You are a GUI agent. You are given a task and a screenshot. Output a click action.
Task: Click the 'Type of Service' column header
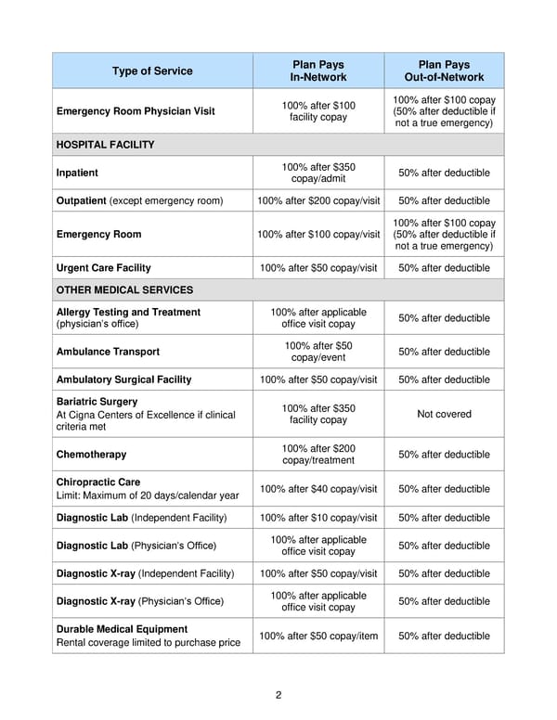(152, 71)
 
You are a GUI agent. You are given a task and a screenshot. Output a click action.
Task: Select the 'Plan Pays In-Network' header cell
(318, 71)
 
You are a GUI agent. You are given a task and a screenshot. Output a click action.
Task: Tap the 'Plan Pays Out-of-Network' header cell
(444, 71)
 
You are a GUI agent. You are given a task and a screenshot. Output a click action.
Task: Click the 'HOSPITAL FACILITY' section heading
(105, 145)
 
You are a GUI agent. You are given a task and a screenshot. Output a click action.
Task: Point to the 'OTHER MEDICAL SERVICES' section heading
(124, 289)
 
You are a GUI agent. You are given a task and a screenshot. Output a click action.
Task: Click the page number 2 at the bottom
(278, 695)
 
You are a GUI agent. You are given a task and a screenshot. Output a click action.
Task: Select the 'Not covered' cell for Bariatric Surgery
(444, 414)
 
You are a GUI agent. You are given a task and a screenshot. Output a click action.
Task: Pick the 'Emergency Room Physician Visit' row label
(136, 111)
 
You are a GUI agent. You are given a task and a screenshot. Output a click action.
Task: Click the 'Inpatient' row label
(77, 173)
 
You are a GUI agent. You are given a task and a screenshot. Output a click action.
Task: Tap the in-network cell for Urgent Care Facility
(318, 268)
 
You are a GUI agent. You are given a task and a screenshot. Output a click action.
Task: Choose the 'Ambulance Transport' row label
(108, 352)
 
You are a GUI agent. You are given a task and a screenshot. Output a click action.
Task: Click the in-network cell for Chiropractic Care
(318, 489)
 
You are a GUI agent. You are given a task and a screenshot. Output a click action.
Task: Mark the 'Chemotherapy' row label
(91, 455)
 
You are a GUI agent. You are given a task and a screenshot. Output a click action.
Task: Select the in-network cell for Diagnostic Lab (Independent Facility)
(318, 518)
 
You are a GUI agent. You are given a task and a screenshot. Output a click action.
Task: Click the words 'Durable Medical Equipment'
(122, 629)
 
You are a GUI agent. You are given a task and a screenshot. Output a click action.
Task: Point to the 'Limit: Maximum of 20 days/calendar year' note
(148, 495)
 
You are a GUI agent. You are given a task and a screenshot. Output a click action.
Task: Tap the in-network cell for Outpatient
(318, 200)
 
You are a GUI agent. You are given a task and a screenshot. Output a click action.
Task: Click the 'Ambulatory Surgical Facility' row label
(124, 379)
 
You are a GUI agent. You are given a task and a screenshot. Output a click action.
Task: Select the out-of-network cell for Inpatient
(444, 173)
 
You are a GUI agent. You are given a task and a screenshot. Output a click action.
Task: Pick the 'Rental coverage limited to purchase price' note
(149, 643)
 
